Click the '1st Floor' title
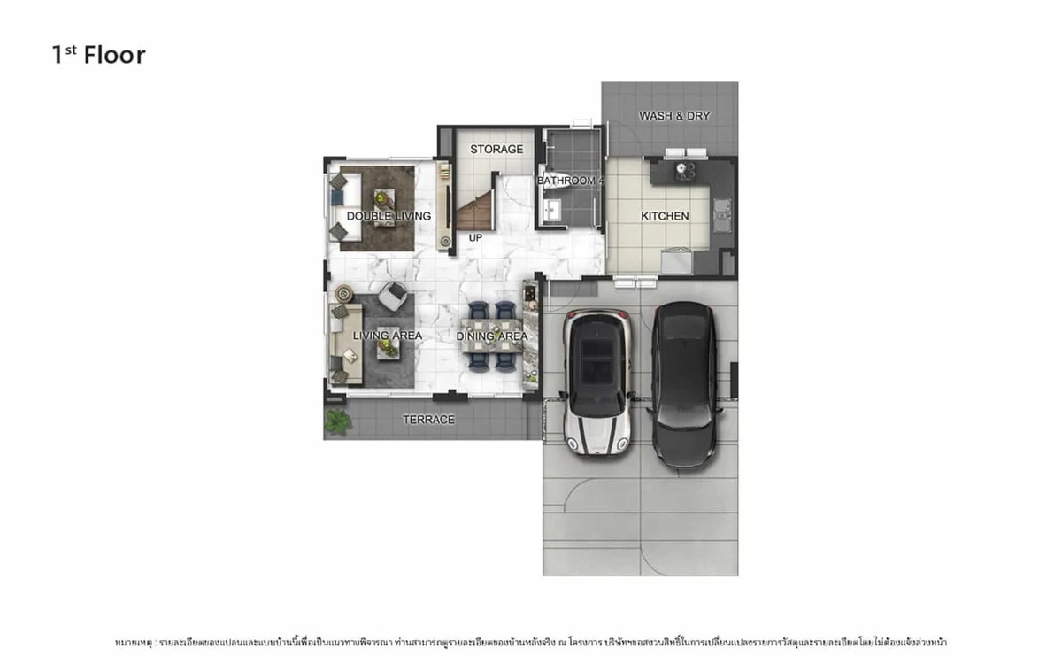pos(98,55)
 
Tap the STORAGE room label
pos(496,150)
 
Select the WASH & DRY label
pos(674,116)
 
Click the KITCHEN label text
pos(664,216)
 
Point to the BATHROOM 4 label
pos(571,181)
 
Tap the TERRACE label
pos(428,420)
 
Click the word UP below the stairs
pos(475,237)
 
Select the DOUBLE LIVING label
pos(389,216)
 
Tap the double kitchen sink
pos(723,212)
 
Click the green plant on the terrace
pos(336,421)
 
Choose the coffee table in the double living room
pos(382,206)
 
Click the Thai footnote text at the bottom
pos(530,641)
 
